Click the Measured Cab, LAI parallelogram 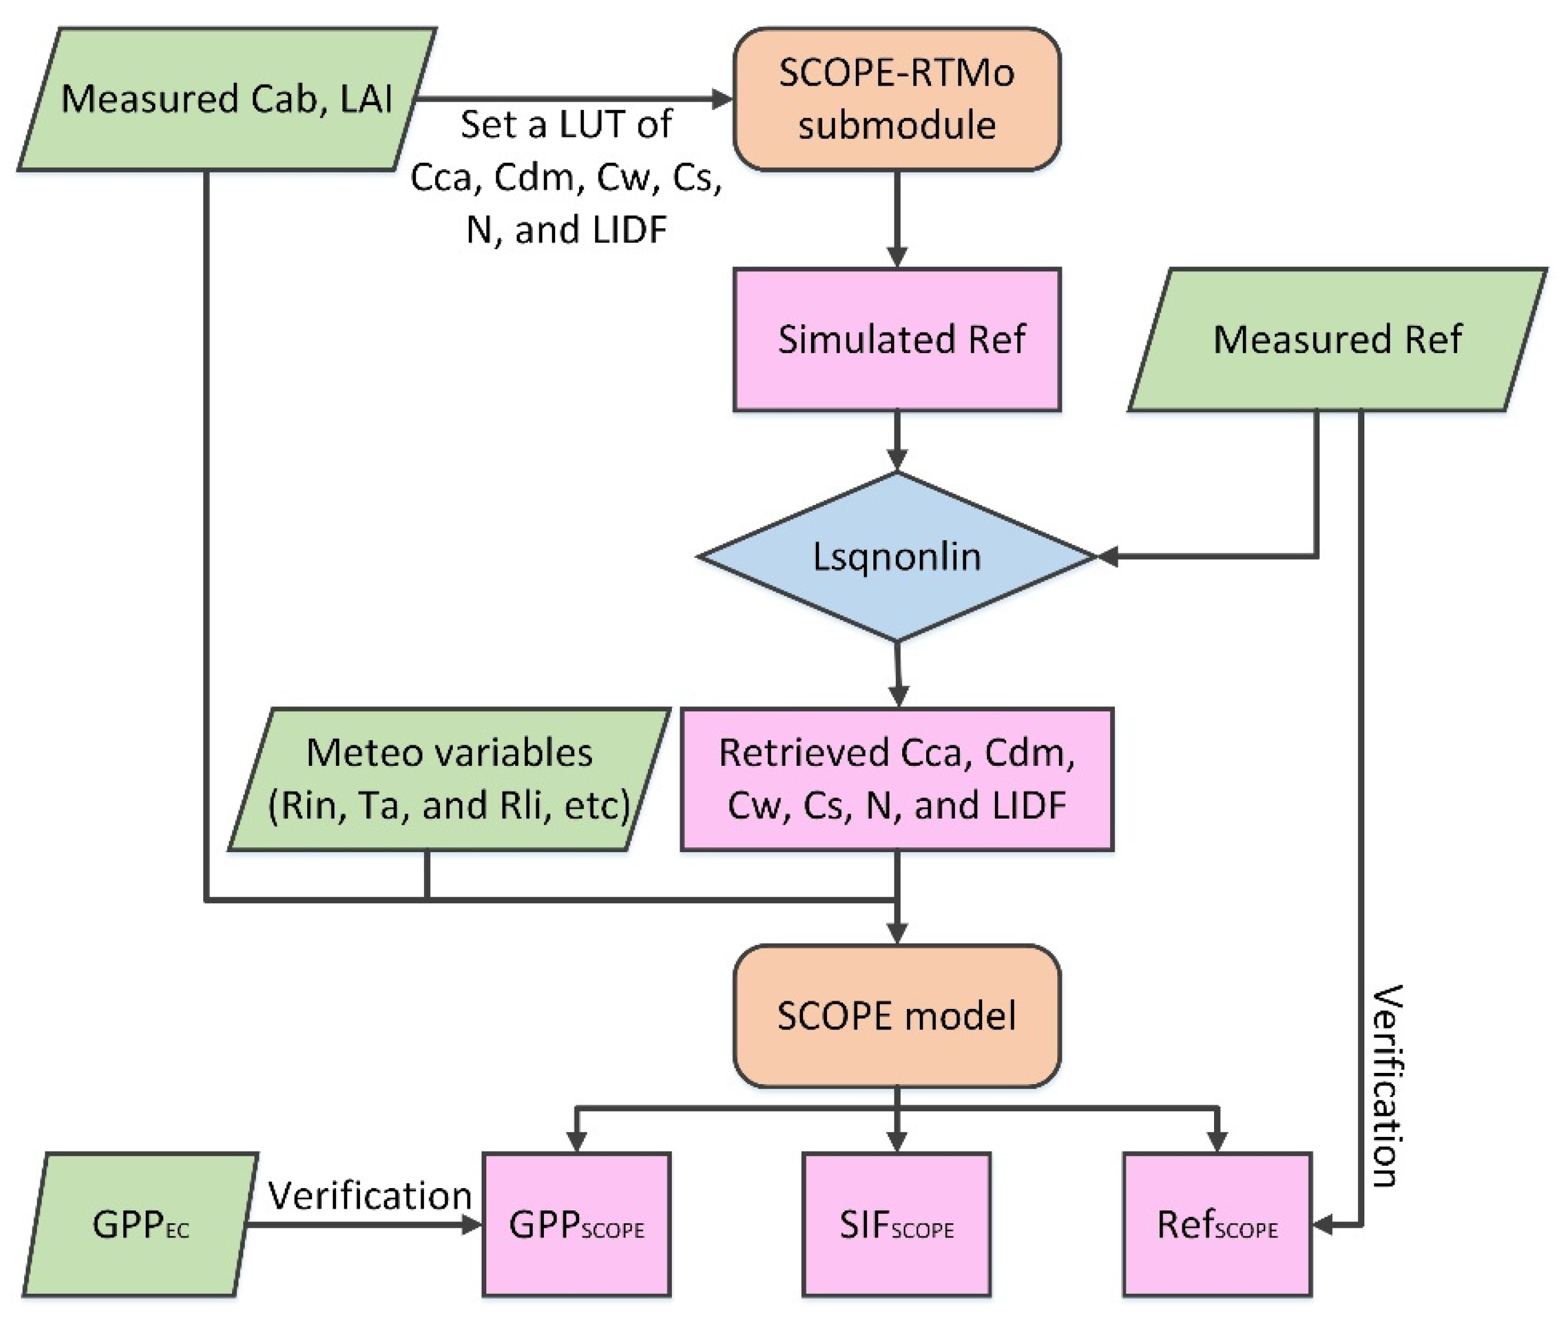227,99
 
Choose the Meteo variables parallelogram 449,779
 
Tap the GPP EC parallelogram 140,1225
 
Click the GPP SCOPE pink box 576,1225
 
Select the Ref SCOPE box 1217,1225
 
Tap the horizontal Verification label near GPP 369,1195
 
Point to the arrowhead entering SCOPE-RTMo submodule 722,99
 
